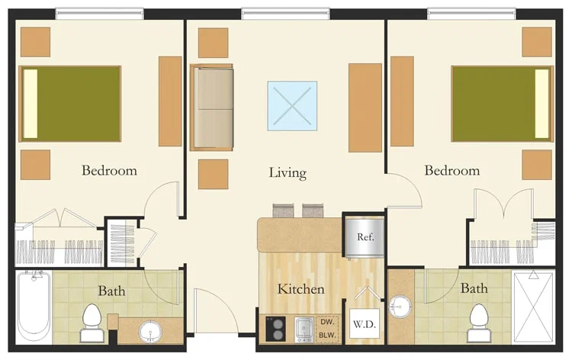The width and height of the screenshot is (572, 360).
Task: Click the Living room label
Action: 288,173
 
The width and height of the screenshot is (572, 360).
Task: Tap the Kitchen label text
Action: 301,289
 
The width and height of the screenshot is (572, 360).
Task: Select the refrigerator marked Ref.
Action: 365,237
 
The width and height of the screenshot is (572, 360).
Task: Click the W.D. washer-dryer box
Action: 365,324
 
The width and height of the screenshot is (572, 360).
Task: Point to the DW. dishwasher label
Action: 327,322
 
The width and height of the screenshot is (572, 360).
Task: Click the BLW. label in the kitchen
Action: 327,335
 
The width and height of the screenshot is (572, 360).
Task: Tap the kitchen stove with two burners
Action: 275,329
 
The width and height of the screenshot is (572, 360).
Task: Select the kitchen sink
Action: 304,329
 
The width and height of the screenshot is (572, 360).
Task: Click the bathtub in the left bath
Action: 34,307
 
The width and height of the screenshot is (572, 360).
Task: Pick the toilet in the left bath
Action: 91,323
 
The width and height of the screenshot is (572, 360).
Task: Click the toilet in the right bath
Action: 479,323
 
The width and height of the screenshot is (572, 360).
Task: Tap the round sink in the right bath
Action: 400,307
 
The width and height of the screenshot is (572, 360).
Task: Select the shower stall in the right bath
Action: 533,307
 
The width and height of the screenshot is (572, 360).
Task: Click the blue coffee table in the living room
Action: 292,106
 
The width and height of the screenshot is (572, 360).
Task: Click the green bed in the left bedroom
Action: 70,104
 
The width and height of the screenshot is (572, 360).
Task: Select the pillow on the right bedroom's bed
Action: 542,104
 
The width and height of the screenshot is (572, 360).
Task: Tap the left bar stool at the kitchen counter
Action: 283,211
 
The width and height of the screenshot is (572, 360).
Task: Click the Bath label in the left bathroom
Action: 111,291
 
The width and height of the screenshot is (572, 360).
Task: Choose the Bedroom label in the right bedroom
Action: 452,170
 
